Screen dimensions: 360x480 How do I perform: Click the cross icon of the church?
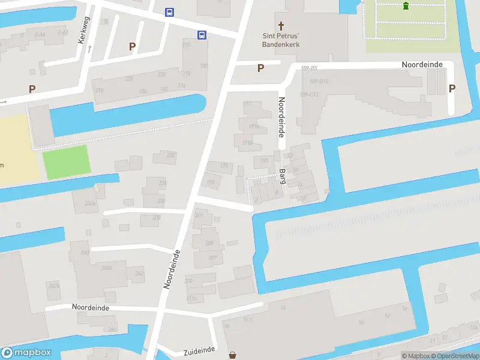point(281,26)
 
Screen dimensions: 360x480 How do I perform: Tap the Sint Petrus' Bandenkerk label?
point(281,40)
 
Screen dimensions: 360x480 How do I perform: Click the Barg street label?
point(282,175)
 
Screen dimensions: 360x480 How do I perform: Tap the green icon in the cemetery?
point(406,6)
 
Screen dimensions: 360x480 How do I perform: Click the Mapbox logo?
point(26,353)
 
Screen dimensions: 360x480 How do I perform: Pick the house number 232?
point(170,155)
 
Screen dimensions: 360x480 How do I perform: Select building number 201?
point(199,215)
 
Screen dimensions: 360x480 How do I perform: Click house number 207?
point(212,257)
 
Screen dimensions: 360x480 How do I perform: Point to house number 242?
point(139,274)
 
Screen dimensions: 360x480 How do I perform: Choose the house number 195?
point(224,166)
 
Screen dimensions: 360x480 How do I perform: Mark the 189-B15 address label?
point(319,81)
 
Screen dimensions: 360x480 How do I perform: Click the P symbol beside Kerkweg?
point(132,46)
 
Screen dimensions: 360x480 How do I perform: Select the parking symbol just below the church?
point(260,68)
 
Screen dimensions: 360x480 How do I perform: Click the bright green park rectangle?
point(66,161)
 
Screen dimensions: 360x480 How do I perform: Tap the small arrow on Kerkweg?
point(89,49)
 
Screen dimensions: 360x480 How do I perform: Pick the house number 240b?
point(106,268)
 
